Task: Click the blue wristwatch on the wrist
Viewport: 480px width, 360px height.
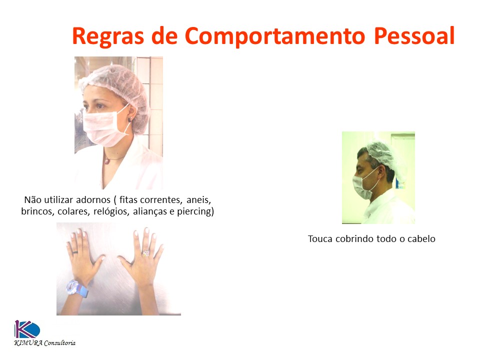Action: coord(77,288)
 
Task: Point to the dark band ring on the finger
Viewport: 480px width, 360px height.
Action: coord(74,252)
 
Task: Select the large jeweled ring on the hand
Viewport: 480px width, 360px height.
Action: coord(145,253)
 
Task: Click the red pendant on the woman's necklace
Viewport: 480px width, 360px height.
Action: coord(106,161)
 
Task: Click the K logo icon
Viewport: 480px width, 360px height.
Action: coord(26,329)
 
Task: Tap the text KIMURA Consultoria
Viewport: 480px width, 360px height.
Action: coord(44,343)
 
